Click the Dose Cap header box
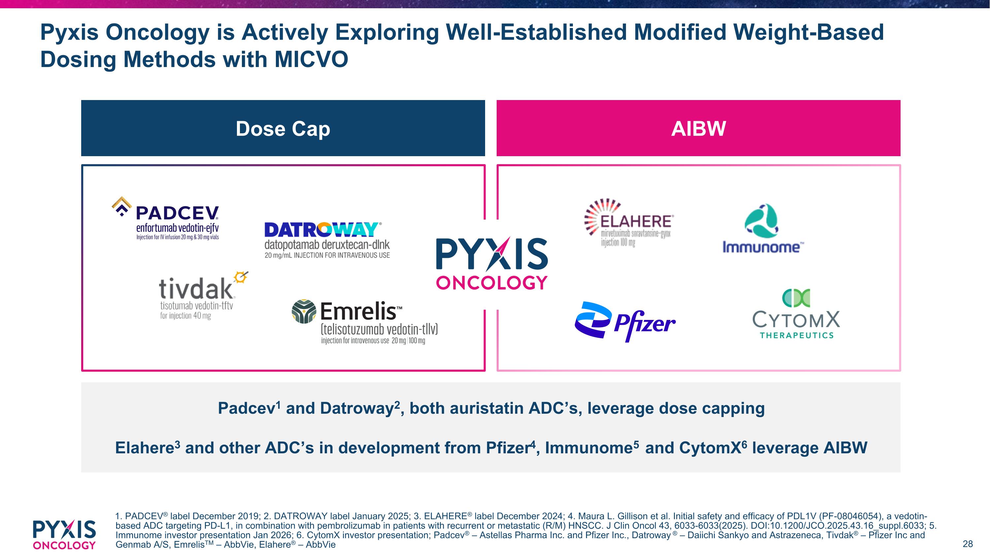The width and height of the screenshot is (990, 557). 283,128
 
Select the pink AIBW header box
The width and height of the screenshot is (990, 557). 698,128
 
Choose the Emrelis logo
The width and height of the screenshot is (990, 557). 365,322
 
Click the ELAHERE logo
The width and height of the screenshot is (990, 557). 628,223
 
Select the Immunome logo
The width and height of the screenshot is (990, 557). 763,228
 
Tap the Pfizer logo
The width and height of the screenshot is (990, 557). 625,322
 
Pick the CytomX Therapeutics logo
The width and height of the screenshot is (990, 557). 796,314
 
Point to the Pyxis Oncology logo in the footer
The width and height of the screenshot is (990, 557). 64,535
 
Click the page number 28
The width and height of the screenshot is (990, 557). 968,543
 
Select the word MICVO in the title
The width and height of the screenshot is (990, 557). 311,59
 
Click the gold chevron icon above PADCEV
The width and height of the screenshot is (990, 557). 121,206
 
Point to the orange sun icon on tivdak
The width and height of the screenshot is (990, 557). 241,277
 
